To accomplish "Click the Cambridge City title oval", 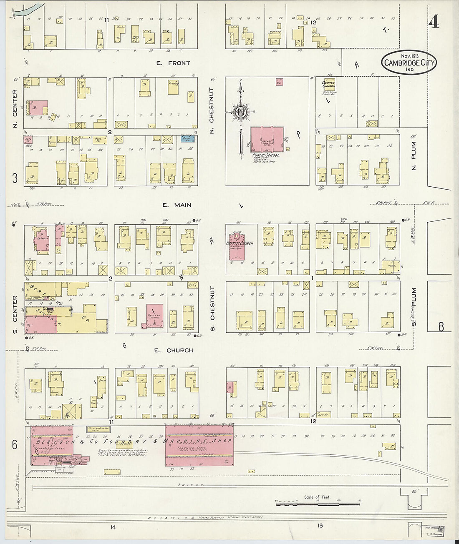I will [x=408, y=63].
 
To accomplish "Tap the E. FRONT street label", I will [x=173, y=63].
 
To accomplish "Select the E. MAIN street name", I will [x=177, y=205].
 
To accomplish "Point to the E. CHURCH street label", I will [x=174, y=351].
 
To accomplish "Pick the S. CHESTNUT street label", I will [x=212, y=303].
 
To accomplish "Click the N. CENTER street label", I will [x=15, y=103].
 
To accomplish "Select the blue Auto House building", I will [x=189, y=139].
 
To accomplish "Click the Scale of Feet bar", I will [x=317, y=504].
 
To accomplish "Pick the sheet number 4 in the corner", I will [x=434, y=22].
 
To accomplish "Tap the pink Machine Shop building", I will [x=199, y=446].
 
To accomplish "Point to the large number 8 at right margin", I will [x=441, y=327].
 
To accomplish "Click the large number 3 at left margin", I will [x=15, y=178].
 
